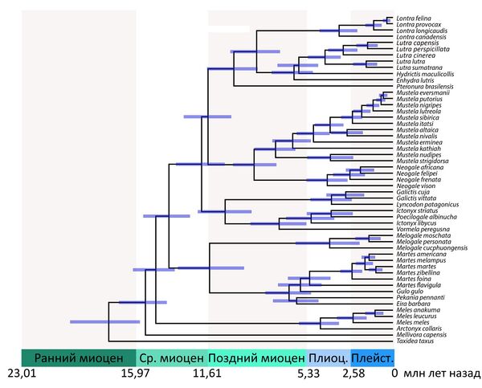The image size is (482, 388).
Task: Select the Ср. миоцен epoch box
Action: (x=171, y=357)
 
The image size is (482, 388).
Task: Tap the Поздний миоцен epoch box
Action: (x=256, y=357)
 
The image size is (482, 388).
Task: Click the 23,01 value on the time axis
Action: (x=23, y=374)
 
